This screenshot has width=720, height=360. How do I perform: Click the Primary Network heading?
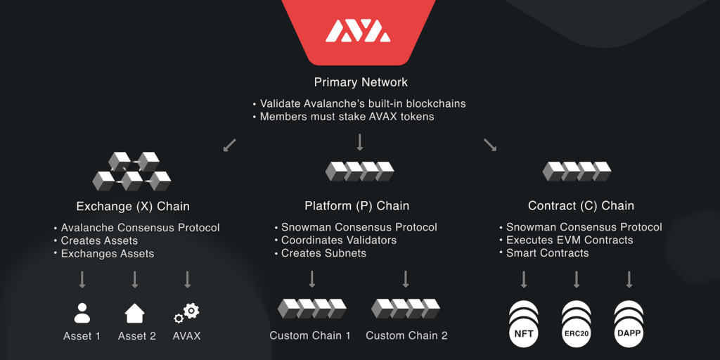361,82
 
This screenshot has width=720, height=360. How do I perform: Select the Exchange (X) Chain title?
133,206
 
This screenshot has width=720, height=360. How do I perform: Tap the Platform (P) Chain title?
356,206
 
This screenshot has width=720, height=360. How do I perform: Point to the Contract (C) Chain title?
581,206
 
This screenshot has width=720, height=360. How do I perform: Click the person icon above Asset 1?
82,312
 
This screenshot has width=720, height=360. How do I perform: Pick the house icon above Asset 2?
134,312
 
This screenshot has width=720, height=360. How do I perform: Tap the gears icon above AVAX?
187,312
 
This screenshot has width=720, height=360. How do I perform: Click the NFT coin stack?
524,324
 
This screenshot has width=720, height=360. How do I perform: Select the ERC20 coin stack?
577,324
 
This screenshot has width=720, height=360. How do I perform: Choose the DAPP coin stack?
629,324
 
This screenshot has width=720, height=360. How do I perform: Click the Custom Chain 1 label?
310,335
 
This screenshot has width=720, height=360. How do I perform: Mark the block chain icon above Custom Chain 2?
406,309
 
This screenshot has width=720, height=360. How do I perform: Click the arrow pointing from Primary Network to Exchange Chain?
229,146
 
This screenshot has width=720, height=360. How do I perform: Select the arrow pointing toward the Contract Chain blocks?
490,146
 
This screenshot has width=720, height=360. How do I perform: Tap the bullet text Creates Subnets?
323,253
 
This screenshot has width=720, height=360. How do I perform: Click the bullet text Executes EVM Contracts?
570,240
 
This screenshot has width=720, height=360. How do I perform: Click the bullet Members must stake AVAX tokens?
347,117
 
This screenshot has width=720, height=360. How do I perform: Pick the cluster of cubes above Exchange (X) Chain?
131,172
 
